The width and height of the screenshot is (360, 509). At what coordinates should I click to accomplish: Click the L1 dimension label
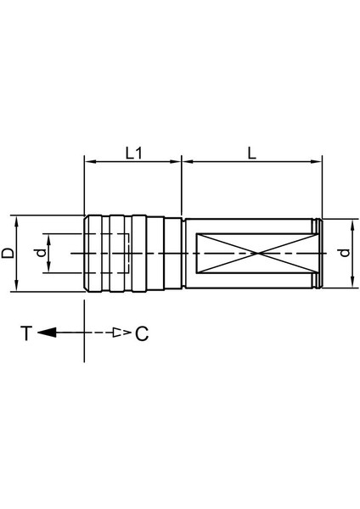coord(132,153)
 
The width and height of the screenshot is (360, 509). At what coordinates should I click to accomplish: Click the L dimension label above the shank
coord(252,153)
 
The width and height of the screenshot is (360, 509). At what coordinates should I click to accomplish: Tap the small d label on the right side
coord(343,254)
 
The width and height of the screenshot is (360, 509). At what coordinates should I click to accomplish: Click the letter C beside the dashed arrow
coord(142,333)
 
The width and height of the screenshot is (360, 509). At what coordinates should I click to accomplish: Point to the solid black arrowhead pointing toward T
coord(48,333)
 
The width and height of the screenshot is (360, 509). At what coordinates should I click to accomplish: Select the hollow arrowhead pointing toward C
coord(123,333)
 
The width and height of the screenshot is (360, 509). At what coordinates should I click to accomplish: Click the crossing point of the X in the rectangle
coord(258,254)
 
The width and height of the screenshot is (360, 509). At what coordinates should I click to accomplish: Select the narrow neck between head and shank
coord(183,254)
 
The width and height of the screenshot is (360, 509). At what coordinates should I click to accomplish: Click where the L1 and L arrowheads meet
coord(183,159)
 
